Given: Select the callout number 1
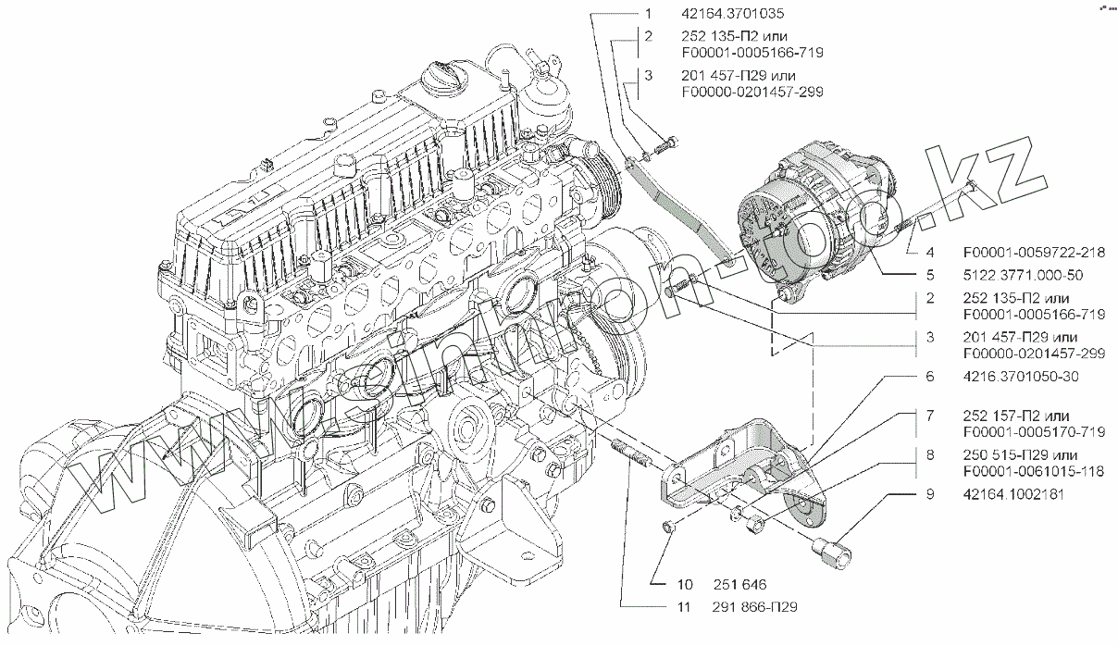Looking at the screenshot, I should click(649, 15).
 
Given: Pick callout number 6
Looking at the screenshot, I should click(929, 377).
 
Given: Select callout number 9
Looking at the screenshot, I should click(929, 494).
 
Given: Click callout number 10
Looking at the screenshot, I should click(684, 584).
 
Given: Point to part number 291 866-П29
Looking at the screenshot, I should click(754, 607).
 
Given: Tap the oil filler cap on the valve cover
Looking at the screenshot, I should click(443, 75).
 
